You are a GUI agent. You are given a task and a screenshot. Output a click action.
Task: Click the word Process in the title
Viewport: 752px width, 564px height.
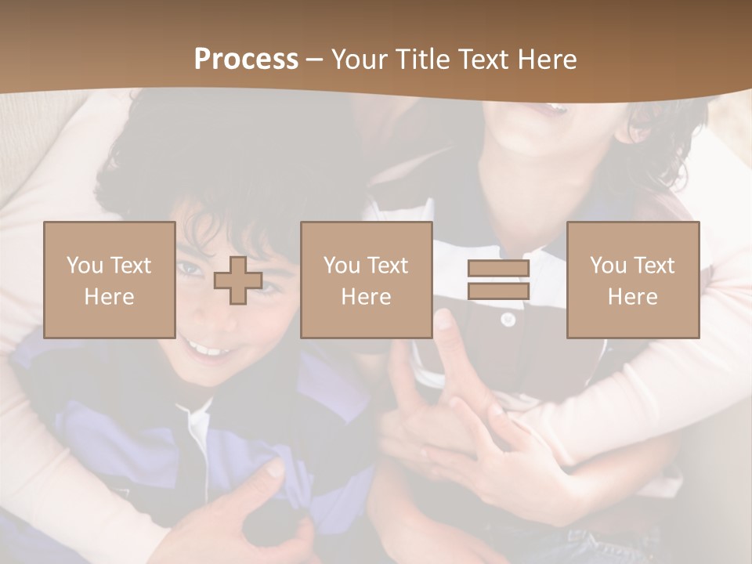pos(246,60)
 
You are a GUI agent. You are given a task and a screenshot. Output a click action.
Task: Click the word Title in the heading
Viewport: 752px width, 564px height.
pos(423,60)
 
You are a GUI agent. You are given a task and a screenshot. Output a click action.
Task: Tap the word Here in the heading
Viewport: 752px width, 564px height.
pos(548,60)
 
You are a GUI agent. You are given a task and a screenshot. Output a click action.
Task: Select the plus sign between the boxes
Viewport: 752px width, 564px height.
pos(238,280)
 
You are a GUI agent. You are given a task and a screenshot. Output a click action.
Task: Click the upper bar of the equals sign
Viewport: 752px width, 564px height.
pos(498,269)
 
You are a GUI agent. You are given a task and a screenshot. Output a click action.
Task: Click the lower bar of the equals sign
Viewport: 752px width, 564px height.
pos(498,291)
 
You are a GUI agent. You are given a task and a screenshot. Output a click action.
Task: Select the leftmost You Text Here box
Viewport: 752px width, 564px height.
pos(109,280)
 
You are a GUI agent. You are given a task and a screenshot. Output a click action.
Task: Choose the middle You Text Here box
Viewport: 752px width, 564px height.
pos(366,280)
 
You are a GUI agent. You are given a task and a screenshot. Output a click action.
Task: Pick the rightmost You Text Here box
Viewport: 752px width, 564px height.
pos(632,280)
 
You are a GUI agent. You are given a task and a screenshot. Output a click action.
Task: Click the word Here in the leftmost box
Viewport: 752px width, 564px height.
pos(109,297)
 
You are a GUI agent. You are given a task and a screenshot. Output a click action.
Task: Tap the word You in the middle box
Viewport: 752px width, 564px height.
pos(342,266)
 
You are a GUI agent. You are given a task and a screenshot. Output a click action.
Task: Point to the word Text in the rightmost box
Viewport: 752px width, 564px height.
pos(654,266)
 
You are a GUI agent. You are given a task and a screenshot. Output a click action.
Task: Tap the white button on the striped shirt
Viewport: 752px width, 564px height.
pos(508,319)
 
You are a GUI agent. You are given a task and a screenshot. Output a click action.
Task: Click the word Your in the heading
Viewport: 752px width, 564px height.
pos(359,60)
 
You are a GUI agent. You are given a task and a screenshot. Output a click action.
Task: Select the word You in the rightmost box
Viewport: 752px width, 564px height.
pos(608,266)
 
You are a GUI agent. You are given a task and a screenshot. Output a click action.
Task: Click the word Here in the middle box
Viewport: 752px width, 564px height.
pos(366,297)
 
